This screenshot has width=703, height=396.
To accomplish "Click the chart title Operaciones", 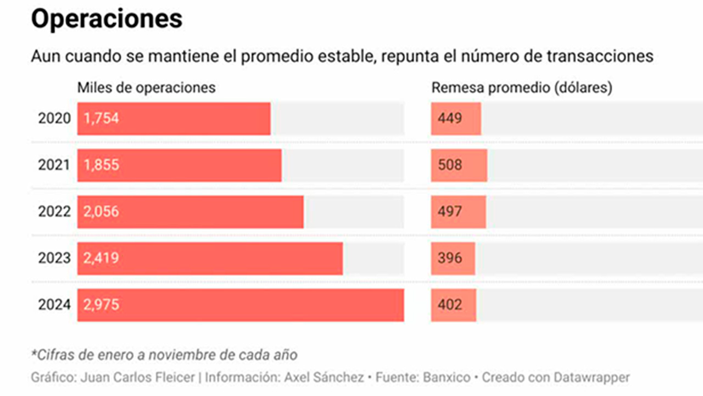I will coord(106,19).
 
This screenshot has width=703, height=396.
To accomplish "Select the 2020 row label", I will coord(54,118).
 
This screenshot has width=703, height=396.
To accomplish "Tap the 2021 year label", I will coord(54,165).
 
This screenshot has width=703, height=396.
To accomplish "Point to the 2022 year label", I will coord(54,212).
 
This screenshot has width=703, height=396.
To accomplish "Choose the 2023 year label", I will coord(54,258).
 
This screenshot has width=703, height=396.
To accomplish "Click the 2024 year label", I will coord(54,305).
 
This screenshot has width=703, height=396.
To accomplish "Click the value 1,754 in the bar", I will coord(101,118).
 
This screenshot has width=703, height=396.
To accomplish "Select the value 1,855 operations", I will coord(101,165).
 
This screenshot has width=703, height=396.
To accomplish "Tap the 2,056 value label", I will coord(101,212).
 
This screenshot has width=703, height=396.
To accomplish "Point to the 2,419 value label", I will coord(101,258).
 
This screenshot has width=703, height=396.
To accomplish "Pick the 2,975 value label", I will coord(101,305).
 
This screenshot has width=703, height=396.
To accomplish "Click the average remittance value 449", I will coord(450,118).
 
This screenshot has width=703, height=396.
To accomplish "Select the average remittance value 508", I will coord(450,165).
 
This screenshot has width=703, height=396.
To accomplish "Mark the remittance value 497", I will coord(450,212).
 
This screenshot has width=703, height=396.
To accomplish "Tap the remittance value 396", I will coord(450,258).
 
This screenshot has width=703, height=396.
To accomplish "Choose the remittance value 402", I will coord(450,305).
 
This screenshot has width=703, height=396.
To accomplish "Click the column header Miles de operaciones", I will coord(146,87).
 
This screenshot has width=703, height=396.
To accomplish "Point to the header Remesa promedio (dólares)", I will coord(522,87).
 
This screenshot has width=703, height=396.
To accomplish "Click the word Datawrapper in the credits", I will coord(592,378).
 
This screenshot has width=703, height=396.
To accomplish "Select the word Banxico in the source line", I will coord(448,378).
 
